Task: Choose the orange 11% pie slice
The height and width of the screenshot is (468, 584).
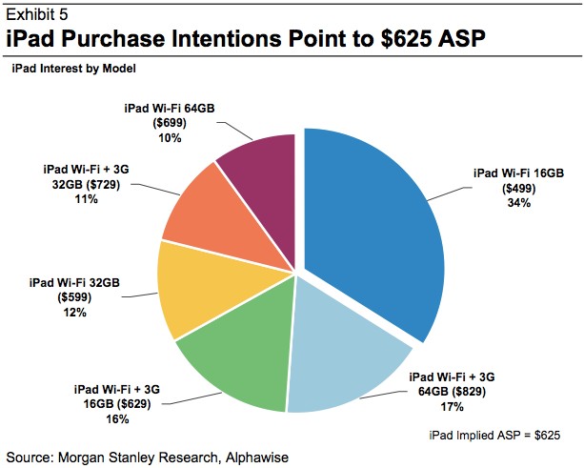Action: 220,220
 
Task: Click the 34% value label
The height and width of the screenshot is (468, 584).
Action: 519,203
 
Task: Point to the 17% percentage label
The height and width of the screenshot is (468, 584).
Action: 453,406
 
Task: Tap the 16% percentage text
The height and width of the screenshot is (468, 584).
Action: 117,419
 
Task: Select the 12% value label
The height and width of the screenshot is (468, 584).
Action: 75,313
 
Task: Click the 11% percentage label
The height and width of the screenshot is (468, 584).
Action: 87,199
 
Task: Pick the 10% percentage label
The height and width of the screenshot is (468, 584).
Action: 170,138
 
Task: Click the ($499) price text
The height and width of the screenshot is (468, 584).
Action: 519,189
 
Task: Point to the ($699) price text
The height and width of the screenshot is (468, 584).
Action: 170,123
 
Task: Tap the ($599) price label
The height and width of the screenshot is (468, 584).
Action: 74,297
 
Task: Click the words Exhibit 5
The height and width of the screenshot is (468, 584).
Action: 37,14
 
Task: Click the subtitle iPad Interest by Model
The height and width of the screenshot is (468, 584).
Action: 73,69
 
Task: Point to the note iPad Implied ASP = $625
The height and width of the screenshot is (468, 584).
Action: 494,436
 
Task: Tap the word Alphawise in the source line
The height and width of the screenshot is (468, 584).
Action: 257,458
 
